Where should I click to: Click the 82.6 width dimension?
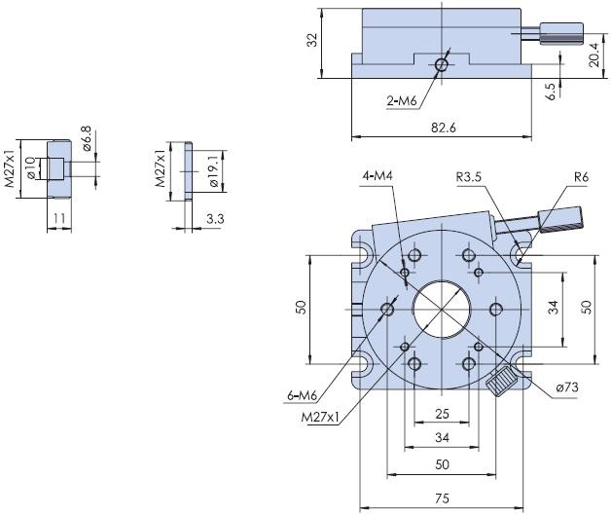pyautogui.click(x=444, y=128)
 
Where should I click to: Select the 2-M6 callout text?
pyautogui.click(x=402, y=101)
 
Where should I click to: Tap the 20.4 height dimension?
pyautogui.click(x=593, y=55)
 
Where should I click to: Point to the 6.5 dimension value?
pyautogui.click(x=552, y=92)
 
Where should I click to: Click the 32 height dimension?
pyautogui.click(x=312, y=40)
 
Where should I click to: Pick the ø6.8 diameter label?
pyautogui.click(x=86, y=138)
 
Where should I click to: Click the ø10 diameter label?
pyautogui.click(x=32, y=168)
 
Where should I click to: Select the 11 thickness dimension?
pyautogui.click(x=59, y=218)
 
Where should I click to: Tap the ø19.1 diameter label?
pyautogui.click(x=214, y=171)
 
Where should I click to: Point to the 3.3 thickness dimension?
pyautogui.click(x=215, y=219)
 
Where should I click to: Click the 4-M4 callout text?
pyautogui.click(x=377, y=176)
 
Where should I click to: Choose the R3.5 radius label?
pyautogui.click(x=469, y=177)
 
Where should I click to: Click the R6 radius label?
pyautogui.click(x=581, y=177)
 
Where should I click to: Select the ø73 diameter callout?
pyautogui.click(x=567, y=387)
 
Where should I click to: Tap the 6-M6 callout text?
pyautogui.click(x=302, y=396)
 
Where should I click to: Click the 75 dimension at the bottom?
pyautogui.click(x=442, y=498)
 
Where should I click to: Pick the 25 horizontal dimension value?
pyautogui.click(x=442, y=414)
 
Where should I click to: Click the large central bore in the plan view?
pyautogui.click(x=442, y=310)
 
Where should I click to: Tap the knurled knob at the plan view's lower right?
pyautogui.click(x=501, y=382)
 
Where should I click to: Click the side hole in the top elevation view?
pyautogui.click(x=442, y=65)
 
